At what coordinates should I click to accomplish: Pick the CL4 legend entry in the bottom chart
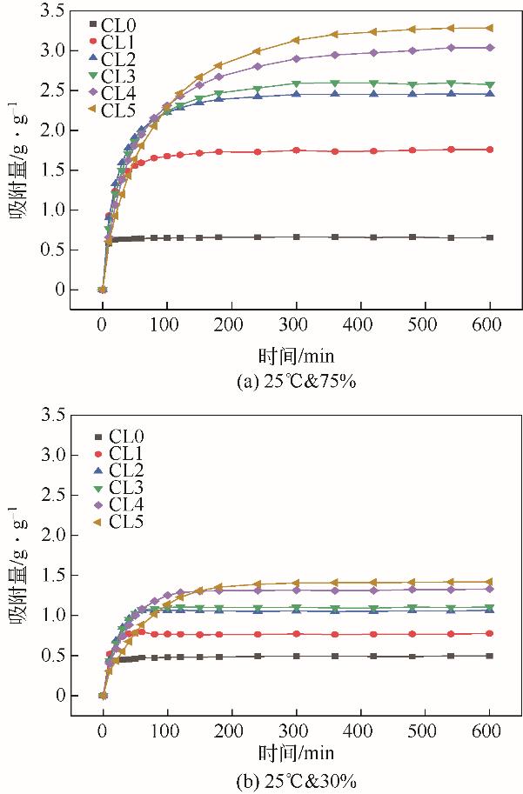(117, 504)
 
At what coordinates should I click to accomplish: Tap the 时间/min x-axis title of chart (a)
(296, 355)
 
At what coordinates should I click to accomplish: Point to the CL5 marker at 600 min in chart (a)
(489, 28)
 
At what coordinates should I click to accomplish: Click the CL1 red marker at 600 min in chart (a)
(489, 150)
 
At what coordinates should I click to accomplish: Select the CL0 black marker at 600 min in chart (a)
(489, 237)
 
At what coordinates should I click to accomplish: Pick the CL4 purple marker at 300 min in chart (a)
(296, 58)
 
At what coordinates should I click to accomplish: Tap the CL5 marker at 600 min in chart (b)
(489, 582)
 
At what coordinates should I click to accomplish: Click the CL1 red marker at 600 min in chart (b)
(489, 633)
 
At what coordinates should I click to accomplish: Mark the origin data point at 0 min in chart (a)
(103, 290)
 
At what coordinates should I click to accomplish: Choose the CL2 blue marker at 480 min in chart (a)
(412, 94)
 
